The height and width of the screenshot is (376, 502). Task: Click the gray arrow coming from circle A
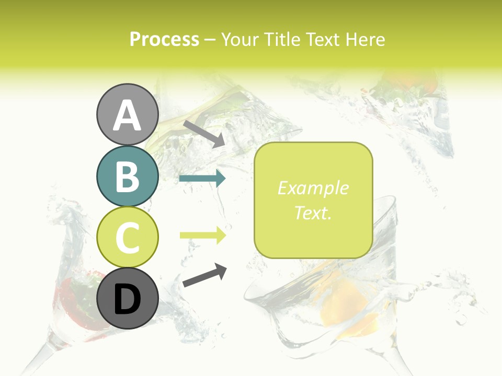click(x=204, y=134)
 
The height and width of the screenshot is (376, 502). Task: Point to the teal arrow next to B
click(x=202, y=179)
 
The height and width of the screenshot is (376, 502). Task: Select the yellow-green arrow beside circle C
click(x=202, y=236)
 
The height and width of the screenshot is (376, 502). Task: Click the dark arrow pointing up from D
click(x=204, y=276)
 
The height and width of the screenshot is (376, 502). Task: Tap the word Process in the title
click(x=164, y=39)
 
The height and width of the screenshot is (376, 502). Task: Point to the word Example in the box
click(x=313, y=188)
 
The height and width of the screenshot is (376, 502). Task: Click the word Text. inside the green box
click(x=313, y=213)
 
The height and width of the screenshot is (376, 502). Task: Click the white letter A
click(x=127, y=115)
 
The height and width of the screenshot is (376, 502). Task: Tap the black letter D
click(x=127, y=300)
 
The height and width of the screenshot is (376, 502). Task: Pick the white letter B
click(x=127, y=177)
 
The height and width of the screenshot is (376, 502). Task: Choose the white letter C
click(x=127, y=238)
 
